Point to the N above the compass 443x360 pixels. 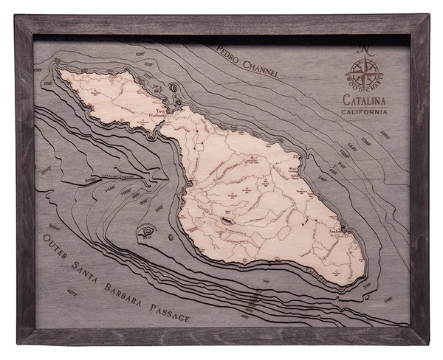(365, 50)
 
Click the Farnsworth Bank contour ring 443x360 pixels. (146, 231)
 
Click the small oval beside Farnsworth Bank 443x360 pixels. (171, 237)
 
